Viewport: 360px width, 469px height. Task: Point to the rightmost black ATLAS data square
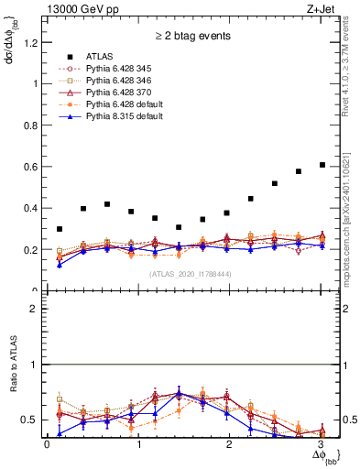[x=322, y=165]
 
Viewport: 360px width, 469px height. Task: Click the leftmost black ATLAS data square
[x=60, y=229]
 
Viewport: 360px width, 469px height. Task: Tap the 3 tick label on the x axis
[x=319, y=444]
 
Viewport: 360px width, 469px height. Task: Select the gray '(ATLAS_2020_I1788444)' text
[x=189, y=274]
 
